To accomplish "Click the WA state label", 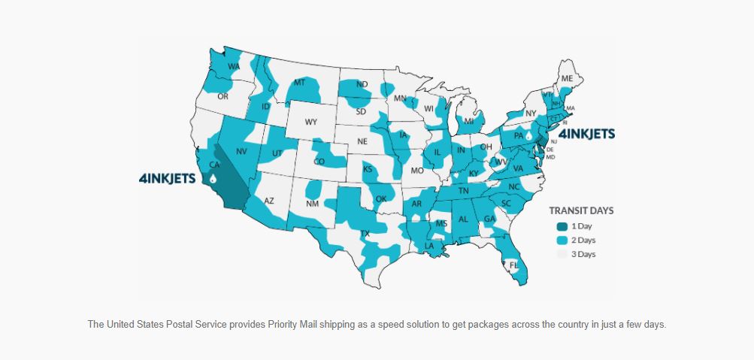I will coord(234,66).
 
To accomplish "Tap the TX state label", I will coord(366,233).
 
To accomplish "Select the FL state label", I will coord(514,265).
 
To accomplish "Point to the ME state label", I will coord(567,78).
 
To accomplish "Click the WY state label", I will coord(311,122).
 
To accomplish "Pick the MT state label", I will coord(300,82).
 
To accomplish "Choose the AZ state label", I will coord(269,201).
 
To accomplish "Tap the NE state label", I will coord(362,141).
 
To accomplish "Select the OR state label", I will coord(223,96).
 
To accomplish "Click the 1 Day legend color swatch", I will coord(562,226).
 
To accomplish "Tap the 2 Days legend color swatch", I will coord(562,240).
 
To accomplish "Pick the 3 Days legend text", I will coord(583,254).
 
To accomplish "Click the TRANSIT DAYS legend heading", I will coord(581,210).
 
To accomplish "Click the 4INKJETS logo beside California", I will coord(168,179).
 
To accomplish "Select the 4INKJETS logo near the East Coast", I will coord(586,134).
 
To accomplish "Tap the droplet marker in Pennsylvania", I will coord(528,136).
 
